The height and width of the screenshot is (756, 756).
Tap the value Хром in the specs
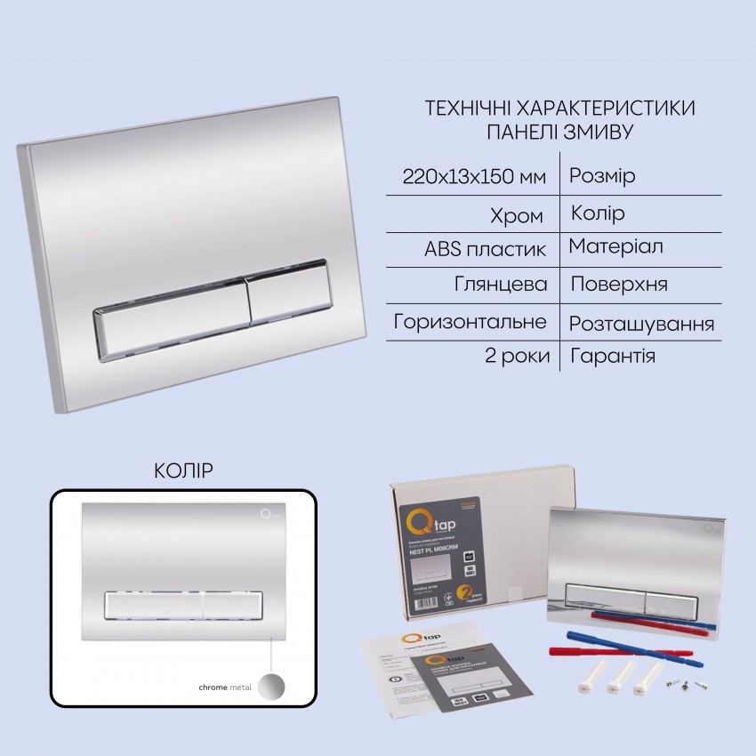coord(519,215)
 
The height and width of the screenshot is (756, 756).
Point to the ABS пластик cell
coord(486,249)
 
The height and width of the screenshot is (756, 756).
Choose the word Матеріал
coord(616,245)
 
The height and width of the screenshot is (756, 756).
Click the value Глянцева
coord(501,285)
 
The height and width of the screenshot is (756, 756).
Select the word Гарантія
coord(613,357)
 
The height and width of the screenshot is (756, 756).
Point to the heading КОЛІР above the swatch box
coord(184,469)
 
